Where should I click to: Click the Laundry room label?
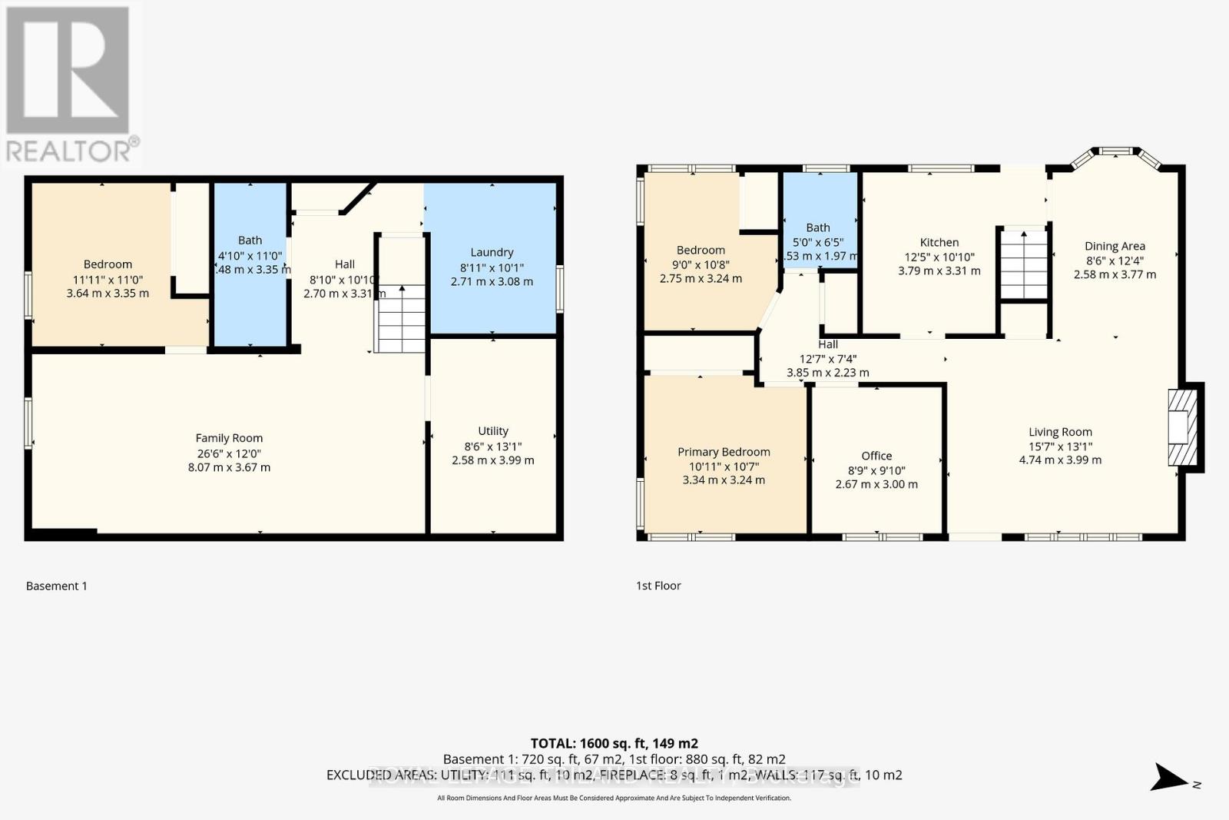(492, 252)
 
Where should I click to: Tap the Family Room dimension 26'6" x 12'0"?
(229, 453)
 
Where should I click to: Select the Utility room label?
(492, 431)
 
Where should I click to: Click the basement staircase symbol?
(402, 318)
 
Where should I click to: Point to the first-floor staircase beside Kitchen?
(1023, 264)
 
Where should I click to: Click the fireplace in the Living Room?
(1182, 427)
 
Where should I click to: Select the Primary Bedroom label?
(724, 452)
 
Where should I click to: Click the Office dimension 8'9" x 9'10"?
(876, 470)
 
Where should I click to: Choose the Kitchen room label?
(939, 242)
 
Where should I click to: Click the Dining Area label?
(1115, 246)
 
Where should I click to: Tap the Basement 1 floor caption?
(57, 586)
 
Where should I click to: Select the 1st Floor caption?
(658, 586)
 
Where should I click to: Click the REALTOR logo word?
(69, 151)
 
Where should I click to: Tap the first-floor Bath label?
(818, 227)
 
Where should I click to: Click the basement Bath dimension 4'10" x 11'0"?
(250, 255)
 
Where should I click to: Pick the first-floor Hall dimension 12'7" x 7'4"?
(827, 358)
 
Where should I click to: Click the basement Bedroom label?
(108, 264)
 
